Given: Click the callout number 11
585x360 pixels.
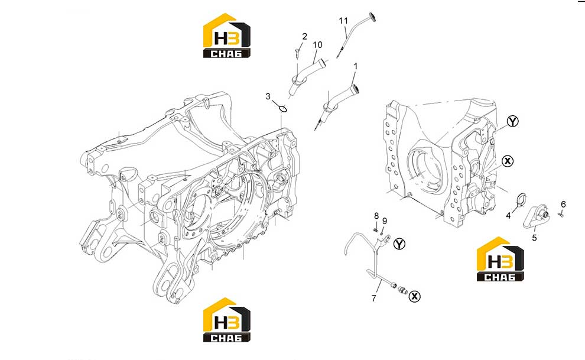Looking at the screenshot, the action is [343, 21].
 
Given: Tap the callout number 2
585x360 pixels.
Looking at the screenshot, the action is [305, 36].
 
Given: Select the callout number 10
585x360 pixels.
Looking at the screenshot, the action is [317, 45].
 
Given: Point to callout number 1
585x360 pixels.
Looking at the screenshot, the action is [356, 66].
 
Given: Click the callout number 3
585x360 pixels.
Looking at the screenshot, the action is [268, 96].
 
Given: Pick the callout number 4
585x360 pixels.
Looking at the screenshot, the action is [508, 216].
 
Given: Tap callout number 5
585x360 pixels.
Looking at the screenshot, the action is [534, 238].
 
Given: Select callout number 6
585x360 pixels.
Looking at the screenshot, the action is [563, 204].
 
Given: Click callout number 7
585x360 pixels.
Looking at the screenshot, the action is [374, 298].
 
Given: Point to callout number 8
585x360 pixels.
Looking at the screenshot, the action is [376, 216].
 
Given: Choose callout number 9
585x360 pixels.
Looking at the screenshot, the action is [385, 221].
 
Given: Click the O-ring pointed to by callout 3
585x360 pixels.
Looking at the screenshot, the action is [283, 109].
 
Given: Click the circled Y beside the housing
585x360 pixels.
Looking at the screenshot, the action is [513, 121].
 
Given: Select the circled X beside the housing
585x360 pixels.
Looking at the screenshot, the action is [508, 161].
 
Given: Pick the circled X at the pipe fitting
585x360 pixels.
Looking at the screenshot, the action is [414, 297].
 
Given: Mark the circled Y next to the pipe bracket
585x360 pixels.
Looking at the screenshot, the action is [399, 244].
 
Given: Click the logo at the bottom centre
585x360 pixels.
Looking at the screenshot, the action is [227, 320].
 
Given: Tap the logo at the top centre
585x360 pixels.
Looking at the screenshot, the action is [227, 36].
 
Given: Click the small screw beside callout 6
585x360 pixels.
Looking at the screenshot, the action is [560, 214].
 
